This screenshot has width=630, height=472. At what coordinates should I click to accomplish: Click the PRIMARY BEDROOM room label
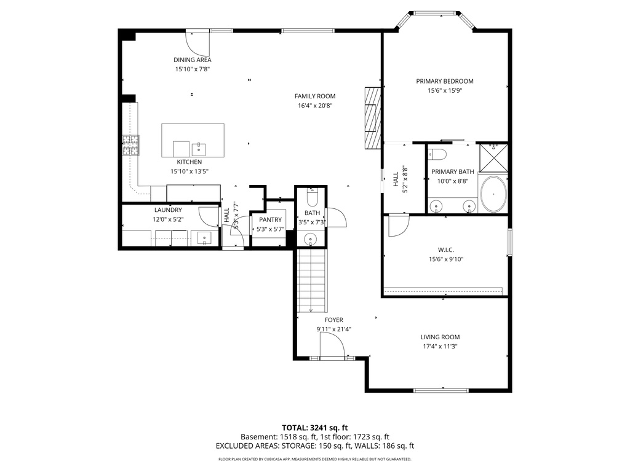click(444, 81)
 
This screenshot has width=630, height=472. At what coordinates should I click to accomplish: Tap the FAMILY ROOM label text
click(314, 96)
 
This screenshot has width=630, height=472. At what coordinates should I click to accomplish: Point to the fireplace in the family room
click(372, 118)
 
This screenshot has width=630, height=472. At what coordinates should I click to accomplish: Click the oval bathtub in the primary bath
click(493, 194)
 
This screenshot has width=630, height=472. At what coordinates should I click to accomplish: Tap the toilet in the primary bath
click(437, 153)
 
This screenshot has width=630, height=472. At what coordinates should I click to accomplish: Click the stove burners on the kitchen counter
click(130, 146)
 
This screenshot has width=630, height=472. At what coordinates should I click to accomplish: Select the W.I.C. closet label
click(445, 250)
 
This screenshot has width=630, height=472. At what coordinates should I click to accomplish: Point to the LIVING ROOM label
click(440, 337)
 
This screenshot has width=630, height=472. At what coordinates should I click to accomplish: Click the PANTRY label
click(270, 219)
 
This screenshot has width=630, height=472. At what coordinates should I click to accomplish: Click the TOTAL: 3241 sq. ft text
click(314, 427)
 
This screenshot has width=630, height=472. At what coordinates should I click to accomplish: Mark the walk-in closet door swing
click(397, 226)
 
